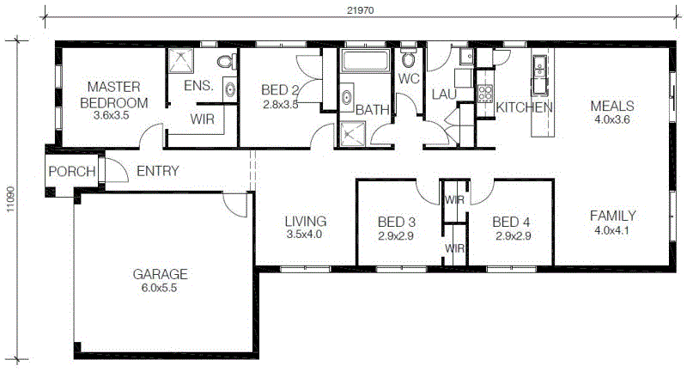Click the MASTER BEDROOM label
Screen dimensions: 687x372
tap(114, 95)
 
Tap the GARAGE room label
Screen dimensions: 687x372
tap(160, 274)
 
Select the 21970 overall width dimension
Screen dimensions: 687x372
tap(360, 10)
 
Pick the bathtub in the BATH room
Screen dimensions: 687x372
tap(366, 60)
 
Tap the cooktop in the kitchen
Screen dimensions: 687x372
tap(485, 93)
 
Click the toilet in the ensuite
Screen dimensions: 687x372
tap(227, 61)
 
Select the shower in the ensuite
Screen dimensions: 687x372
tap(181, 60)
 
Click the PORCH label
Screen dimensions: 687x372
tap(72, 171)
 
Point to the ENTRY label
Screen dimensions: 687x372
tap(158, 171)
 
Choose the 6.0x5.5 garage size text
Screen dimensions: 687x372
tap(159, 288)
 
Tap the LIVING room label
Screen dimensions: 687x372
tap(306, 222)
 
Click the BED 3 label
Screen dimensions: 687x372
tap(397, 223)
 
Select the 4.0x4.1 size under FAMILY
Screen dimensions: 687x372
tap(611, 230)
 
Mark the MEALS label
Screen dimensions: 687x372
tap(612, 106)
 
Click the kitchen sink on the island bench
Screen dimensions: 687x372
tap(539, 67)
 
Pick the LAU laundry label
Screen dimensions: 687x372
tap(444, 95)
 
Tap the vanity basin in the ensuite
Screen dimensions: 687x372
tap(230, 89)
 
